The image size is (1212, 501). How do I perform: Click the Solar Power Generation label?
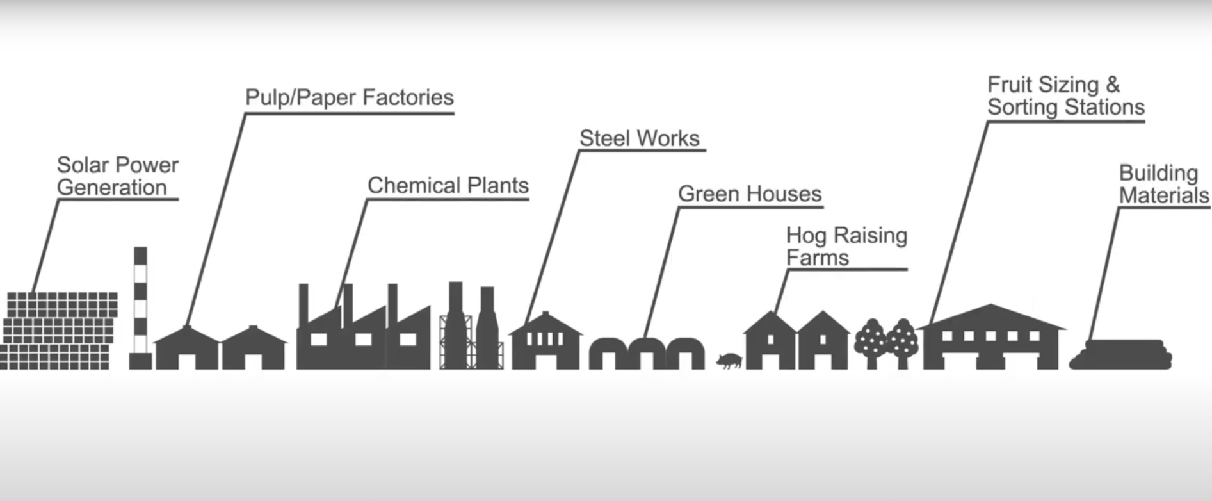pyautogui.click(x=117, y=176)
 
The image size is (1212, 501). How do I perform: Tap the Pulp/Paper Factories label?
pyautogui.click(x=350, y=97)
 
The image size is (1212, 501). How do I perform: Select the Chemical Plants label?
pyautogui.click(x=448, y=186)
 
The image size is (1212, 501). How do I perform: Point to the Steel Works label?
pyautogui.click(x=639, y=138)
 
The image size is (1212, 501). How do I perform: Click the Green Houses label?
pyautogui.click(x=749, y=193)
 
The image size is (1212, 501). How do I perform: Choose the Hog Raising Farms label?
pyautogui.click(x=846, y=247)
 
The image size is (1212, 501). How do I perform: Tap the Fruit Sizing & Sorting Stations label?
pyautogui.click(x=1065, y=96)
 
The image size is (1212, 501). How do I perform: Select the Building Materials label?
pyautogui.click(x=1163, y=185)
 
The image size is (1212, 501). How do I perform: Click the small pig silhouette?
pyautogui.click(x=729, y=361)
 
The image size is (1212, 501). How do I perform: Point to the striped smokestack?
pyautogui.click(x=140, y=308)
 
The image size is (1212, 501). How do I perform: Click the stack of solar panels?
pyautogui.click(x=59, y=331)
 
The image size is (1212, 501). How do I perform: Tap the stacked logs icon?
pyautogui.click(x=1121, y=354)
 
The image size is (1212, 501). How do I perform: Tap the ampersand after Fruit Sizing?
pyautogui.click(x=1112, y=85)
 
